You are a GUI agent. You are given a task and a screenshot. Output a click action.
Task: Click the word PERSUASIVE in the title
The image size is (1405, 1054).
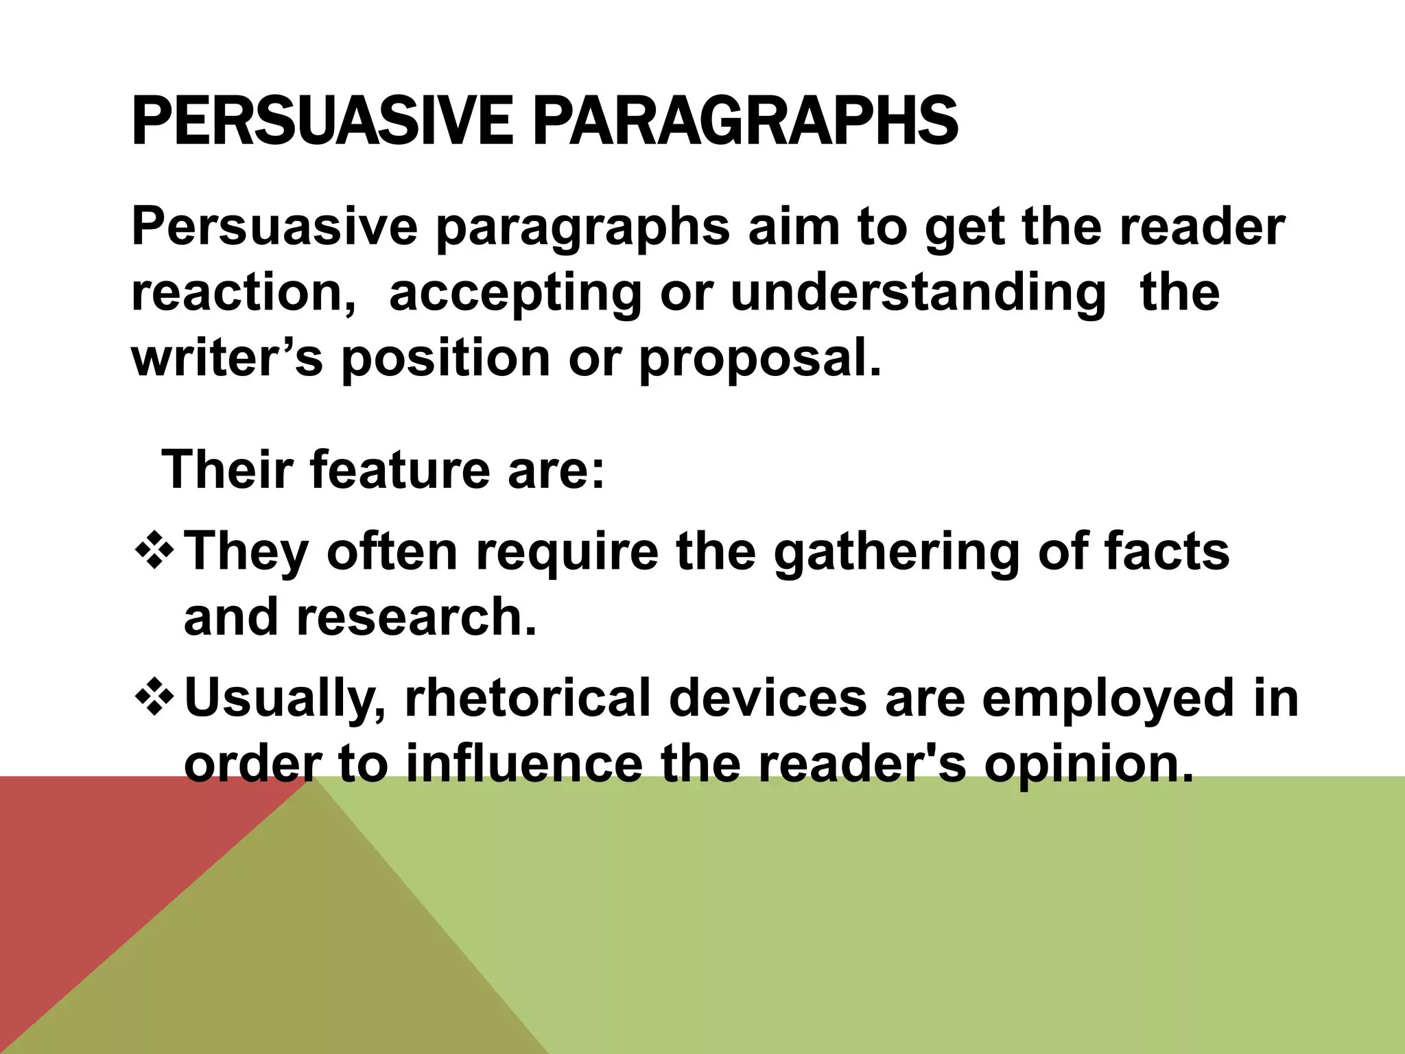(321, 122)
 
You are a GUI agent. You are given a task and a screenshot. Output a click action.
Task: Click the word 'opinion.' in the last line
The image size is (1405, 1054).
(1089, 765)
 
